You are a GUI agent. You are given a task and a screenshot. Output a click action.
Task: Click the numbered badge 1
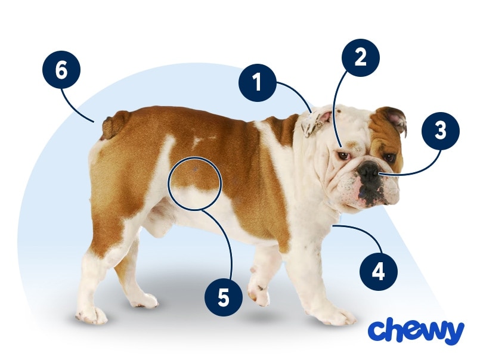pos(258,83)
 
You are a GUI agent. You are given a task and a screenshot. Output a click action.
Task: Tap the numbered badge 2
pos(360,58)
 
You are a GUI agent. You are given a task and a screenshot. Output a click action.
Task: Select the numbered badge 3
pos(441,131)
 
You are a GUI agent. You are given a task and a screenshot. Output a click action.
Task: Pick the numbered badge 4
pos(379,272)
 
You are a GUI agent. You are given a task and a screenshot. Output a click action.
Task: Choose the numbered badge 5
pos(224,297)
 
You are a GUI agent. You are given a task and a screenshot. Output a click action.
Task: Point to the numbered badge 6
pos(61,70)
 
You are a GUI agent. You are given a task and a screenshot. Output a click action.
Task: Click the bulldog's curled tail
pos(115,125)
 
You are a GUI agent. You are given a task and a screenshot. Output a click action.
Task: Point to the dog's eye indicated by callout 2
pos(343,156)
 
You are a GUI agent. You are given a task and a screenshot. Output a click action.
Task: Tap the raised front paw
pos(259,290)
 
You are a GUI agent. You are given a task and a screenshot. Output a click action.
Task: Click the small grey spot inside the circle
pos(196,169)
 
